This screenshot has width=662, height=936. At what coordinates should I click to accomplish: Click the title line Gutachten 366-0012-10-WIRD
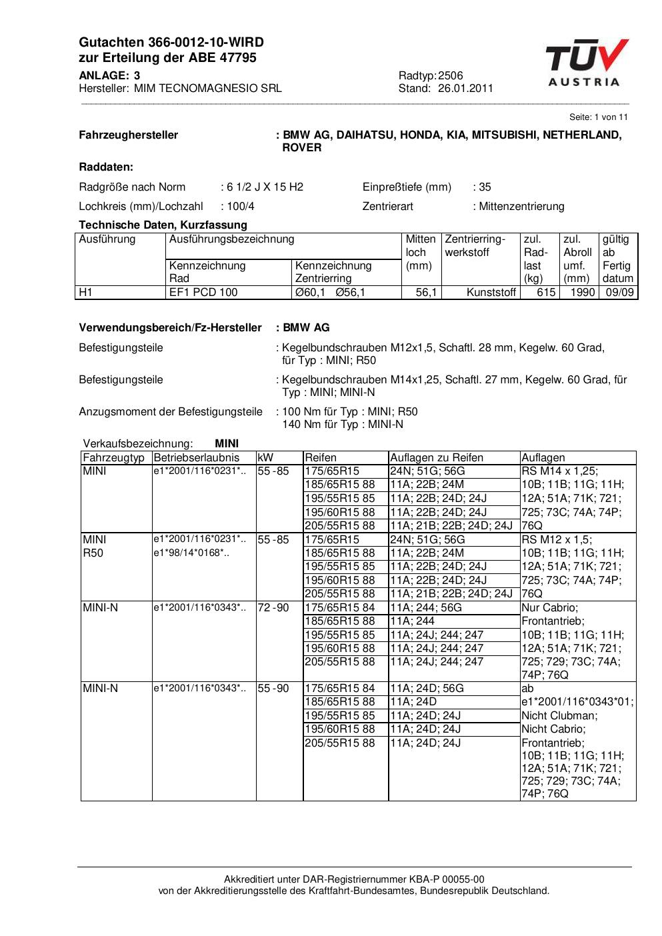click(x=171, y=42)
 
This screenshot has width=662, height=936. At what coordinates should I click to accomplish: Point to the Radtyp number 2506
click(x=451, y=75)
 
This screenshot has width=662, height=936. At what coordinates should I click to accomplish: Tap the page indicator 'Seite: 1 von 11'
click(x=598, y=117)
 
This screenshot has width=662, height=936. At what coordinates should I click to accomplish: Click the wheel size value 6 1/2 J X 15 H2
click(x=265, y=187)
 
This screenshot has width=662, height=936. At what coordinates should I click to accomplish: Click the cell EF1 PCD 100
click(x=203, y=292)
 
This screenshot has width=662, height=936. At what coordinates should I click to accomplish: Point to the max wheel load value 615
click(x=546, y=292)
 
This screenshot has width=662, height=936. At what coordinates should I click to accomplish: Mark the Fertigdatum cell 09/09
click(x=619, y=292)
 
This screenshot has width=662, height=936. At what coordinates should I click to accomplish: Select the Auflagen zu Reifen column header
click(x=437, y=457)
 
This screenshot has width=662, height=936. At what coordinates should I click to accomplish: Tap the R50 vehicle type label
click(x=93, y=553)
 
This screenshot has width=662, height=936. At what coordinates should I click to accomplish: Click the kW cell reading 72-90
click(x=273, y=607)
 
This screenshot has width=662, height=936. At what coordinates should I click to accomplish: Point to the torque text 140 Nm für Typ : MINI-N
click(x=343, y=424)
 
